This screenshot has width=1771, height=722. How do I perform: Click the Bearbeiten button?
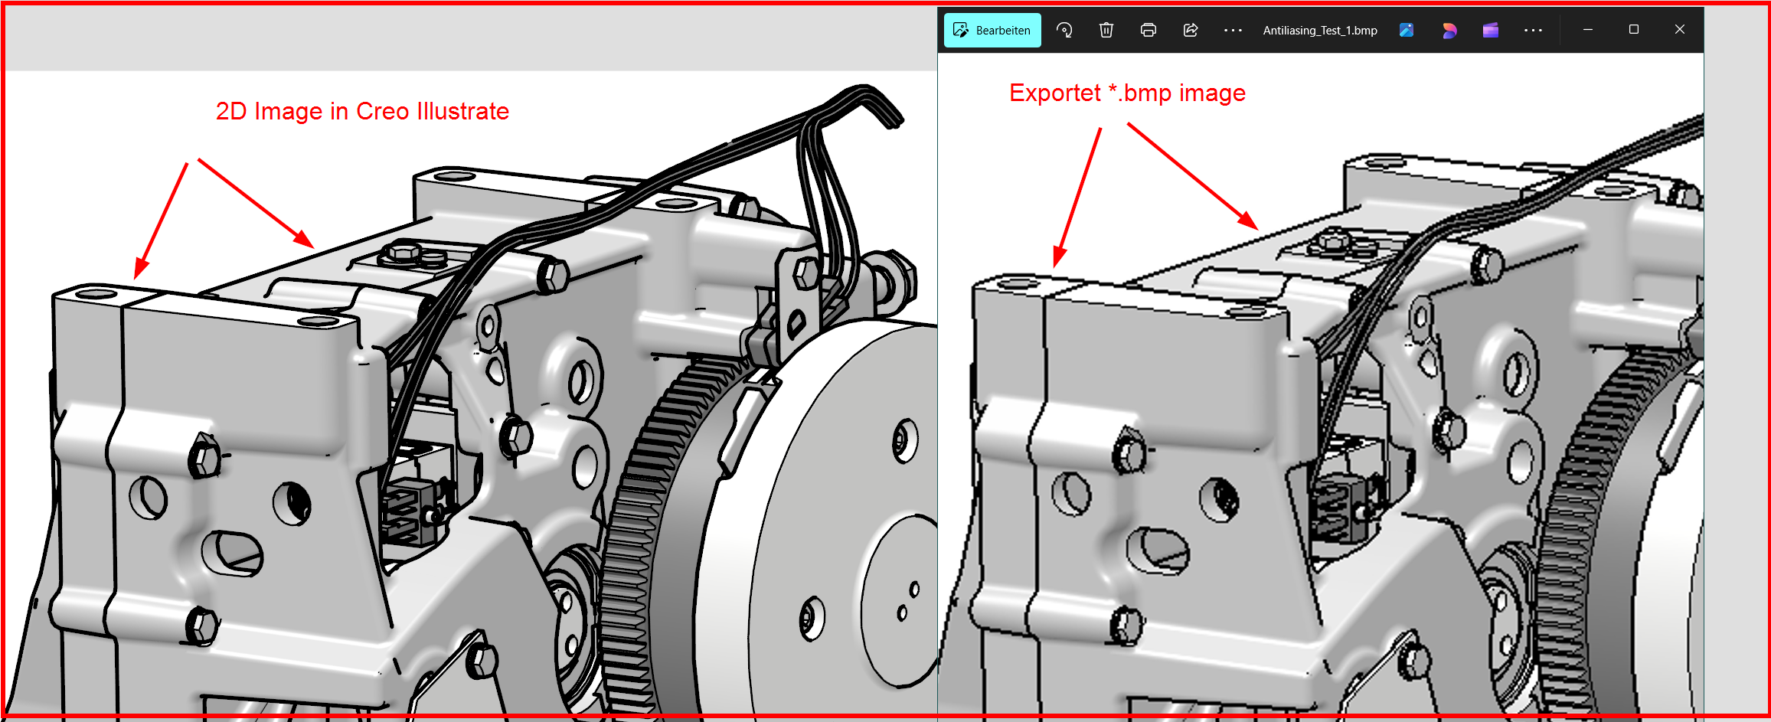pyautogui.click(x=992, y=31)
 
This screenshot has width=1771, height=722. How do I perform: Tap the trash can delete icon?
pyautogui.click(x=1106, y=30)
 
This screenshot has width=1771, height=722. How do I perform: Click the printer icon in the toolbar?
pyautogui.click(x=1148, y=30)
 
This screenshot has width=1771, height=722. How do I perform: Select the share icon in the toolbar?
pyautogui.click(x=1190, y=30)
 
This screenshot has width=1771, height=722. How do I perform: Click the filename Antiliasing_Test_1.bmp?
pyautogui.click(x=1319, y=31)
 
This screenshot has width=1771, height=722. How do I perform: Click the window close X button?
pyautogui.click(x=1679, y=29)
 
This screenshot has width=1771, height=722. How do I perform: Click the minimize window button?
pyautogui.click(x=1587, y=29)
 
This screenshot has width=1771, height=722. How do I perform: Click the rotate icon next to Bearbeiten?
pyautogui.click(x=1064, y=30)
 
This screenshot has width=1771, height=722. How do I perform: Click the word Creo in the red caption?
pyautogui.click(x=383, y=112)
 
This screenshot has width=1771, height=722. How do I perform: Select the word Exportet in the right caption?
pyautogui.click(x=1054, y=93)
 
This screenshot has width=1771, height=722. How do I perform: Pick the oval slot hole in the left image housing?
pyautogui.click(x=232, y=552)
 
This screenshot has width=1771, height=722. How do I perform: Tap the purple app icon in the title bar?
pyautogui.click(x=1490, y=30)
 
